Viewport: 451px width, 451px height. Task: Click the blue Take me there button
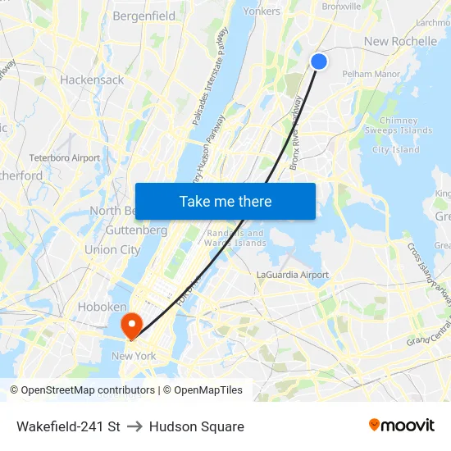[x=225, y=201]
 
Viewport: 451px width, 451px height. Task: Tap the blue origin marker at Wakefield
[x=319, y=61]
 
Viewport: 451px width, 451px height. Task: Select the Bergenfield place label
[x=143, y=16]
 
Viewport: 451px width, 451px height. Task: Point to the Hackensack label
[x=92, y=80]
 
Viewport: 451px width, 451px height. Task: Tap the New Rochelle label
[x=400, y=41]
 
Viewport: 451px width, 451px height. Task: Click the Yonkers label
[x=262, y=11]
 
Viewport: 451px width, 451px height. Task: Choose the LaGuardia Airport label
[x=293, y=275]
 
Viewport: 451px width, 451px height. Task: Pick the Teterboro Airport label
[x=65, y=157]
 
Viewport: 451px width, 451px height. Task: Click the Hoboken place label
[x=102, y=307]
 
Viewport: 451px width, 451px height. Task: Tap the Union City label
[x=112, y=249]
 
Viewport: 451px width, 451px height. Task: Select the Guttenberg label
[x=137, y=230]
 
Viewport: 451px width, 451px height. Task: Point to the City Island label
[x=395, y=150]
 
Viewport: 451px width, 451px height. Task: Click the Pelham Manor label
[x=371, y=74]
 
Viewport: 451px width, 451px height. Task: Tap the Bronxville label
[x=341, y=7]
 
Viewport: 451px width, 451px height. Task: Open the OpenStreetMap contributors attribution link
[x=82, y=390]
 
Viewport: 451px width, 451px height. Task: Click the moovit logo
[x=402, y=426]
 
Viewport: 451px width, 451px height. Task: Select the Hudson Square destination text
[x=197, y=426]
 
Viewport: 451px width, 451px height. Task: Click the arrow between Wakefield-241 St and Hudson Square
[x=134, y=426]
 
